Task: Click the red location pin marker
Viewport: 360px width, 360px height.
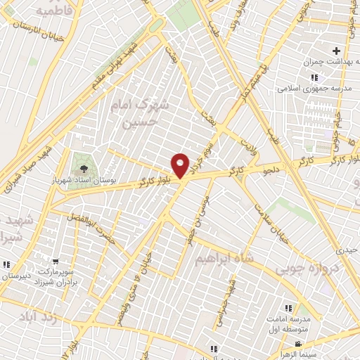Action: click(x=181, y=165)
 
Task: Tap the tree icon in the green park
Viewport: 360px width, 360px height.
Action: click(x=84, y=168)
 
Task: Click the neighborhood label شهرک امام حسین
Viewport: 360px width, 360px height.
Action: click(x=141, y=112)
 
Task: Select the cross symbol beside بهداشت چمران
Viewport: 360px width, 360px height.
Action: click(x=336, y=51)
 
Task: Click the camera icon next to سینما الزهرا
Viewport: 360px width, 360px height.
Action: click(x=298, y=345)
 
